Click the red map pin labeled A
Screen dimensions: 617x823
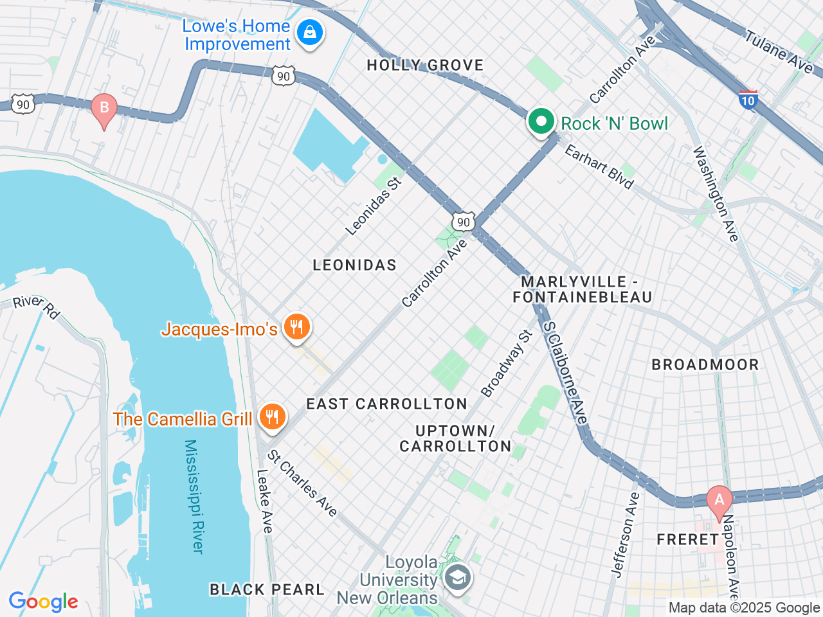[719, 500]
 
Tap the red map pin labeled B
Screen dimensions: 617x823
[104, 108]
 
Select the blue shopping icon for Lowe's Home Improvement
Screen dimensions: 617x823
[310, 31]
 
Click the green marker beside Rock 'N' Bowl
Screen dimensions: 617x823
[541, 121]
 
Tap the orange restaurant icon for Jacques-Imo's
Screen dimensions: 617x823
[296, 328]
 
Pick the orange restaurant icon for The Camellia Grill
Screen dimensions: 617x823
[273, 418]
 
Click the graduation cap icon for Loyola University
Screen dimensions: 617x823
[458, 578]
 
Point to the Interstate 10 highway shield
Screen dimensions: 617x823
[748, 100]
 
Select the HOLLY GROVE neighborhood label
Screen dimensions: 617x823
[425, 65]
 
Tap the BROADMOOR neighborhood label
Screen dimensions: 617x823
[705, 364]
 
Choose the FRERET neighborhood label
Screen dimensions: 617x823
[687, 539]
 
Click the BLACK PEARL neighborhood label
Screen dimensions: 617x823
[267, 589]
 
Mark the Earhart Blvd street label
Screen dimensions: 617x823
[599, 166]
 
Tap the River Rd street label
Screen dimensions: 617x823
[37, 306]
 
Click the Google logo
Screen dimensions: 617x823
[44, 602]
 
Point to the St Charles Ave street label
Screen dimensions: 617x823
[302, 483]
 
